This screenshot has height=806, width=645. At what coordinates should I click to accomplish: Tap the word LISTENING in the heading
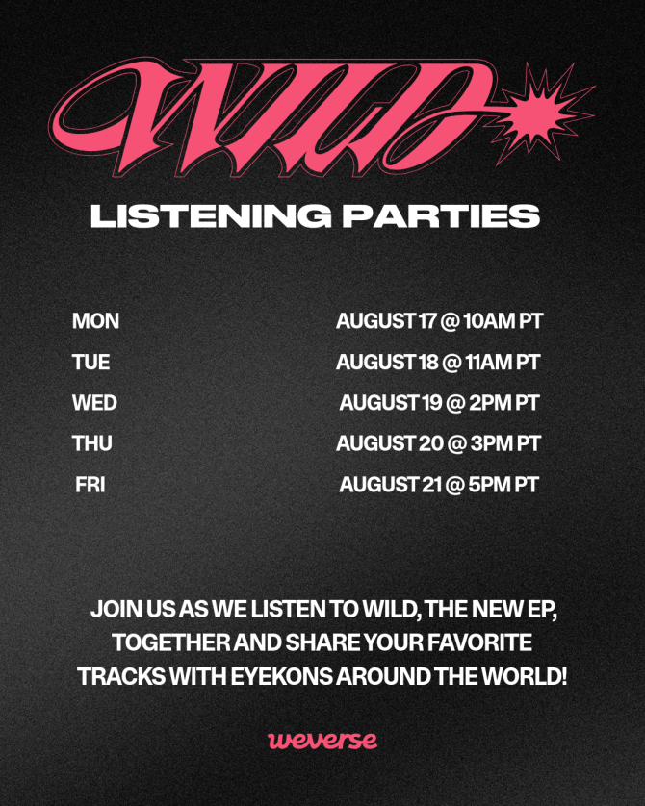(211, 215)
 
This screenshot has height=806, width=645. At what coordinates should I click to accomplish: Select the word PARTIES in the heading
(441, 215)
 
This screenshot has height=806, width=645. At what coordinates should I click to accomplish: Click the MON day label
(95, 321)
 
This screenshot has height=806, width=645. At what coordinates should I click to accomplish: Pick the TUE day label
(91, 363)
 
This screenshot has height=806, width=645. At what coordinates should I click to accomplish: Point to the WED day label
(94, 403)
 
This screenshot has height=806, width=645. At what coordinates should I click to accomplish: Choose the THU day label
(92, 443)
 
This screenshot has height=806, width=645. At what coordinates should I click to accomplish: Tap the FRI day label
(90, 485)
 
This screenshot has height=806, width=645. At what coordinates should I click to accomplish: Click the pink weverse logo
(322, 741)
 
